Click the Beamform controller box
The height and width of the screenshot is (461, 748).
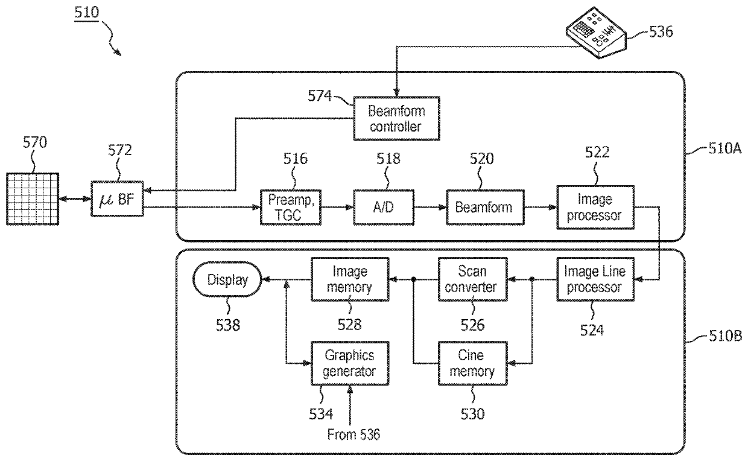[396, 119]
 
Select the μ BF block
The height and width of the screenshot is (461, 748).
[117, 199]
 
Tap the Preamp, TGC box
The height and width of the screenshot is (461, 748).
[291, 208]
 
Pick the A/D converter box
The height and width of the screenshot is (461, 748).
[384, 208]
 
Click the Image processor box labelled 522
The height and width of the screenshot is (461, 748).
[595, 208]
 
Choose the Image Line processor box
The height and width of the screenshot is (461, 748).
[595, 279]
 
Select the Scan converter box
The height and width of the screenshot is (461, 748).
[472, 279]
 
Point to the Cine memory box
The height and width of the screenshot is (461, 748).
[472, 363]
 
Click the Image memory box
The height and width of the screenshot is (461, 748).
[350, 279]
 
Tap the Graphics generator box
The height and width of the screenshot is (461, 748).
[350, 363]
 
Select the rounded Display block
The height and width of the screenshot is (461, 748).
[227, 279]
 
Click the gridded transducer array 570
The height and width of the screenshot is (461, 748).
[33, 199]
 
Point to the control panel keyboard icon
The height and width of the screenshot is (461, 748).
[596, 33]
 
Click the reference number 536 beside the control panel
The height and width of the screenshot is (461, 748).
[661, 32]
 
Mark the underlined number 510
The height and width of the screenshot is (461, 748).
[86, 13]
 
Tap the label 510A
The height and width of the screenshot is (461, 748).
[725, 148]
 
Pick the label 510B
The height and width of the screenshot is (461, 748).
[725, 335]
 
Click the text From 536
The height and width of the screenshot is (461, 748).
[353, 434]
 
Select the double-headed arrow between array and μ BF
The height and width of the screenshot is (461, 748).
[75, 199]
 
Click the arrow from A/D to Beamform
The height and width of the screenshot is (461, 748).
[431, 208]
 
